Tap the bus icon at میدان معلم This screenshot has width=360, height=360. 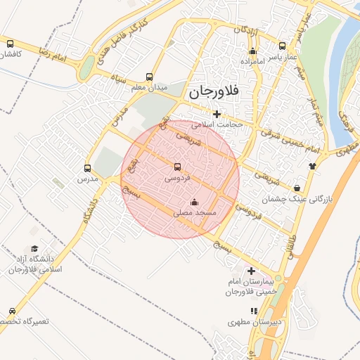(x=149, y=77)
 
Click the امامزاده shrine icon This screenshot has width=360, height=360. (x=253, y=51)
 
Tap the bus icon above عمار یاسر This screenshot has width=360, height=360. (x=283, y=44)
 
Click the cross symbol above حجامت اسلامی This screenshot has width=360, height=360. (x=217, y=114)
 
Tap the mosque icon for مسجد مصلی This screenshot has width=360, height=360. (x=195, y=202)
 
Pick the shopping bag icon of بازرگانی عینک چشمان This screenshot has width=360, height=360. (x=298, y=188)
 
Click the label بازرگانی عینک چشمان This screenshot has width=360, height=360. (x=295, y=200)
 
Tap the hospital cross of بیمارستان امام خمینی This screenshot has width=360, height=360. (x=251, y=271)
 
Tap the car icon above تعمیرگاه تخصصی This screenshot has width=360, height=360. (x=12, y=310)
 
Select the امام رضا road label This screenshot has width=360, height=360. (x=51, y=54)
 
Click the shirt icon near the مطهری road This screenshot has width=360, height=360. (x=312, y=166)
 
